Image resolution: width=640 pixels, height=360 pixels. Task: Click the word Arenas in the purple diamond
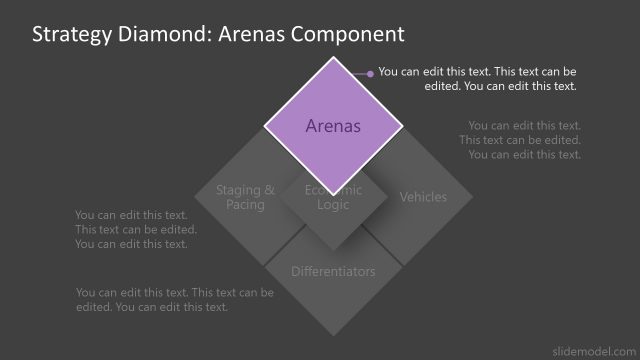(x=333, y=127)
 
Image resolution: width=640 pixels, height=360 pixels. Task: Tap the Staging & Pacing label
(x=245, y=197)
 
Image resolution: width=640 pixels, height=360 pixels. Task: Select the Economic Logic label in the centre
(x=333, y=197)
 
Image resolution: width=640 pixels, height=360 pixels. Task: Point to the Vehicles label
(x=423, y=197)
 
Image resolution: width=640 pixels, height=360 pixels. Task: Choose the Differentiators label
(x=333, y=271)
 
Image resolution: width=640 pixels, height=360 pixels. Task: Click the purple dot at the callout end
(x=370, y=73)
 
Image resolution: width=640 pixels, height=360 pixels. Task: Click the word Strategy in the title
(x=70, y=34)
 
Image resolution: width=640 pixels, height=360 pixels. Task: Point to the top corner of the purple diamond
(x=333, y=57)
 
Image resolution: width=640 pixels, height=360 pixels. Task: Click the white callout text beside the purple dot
(x=478, y=79)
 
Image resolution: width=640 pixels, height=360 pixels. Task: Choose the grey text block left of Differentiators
(x=174, y=299)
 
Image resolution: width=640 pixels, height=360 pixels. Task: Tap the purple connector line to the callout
(x=355, y=73)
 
